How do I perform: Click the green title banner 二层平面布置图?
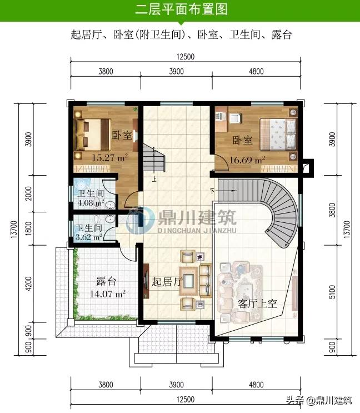pos(180,10)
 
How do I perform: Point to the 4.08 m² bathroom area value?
pos(91,203)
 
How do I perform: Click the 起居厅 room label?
pos(167,282)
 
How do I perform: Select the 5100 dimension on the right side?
pos(332,291)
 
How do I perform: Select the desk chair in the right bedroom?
pos(236,118)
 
